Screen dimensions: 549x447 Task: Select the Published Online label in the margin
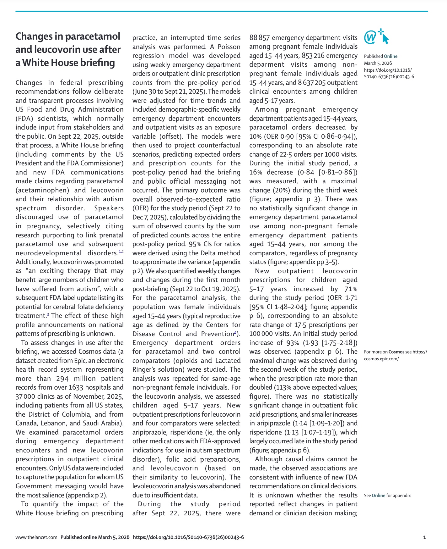380,56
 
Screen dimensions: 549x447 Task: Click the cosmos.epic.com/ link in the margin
381,359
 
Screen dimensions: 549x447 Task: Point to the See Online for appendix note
387,496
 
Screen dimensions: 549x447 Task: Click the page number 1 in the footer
424,537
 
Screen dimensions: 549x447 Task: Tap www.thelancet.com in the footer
36,537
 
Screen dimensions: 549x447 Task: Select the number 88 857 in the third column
259,38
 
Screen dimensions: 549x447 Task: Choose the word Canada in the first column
27,424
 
